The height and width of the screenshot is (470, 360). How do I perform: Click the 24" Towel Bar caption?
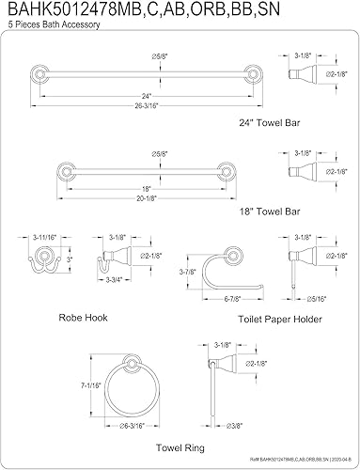tap(270, 122)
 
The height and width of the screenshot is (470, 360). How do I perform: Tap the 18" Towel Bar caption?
tap(270, 211)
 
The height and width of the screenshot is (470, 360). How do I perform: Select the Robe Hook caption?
tap(83, 318)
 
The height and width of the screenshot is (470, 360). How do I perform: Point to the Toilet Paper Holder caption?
tap(280, 320)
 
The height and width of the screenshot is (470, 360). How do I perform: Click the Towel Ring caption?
tap(180, 447)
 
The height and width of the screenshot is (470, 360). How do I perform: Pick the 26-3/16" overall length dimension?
tap(147, 105)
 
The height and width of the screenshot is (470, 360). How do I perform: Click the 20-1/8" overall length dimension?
tap(147, 198)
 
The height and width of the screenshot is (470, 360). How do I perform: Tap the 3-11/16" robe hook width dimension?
tap(44, 237)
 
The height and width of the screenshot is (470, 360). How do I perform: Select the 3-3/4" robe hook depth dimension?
tap(114, 279)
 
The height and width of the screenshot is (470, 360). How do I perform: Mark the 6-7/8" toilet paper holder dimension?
tap(232, 299)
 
